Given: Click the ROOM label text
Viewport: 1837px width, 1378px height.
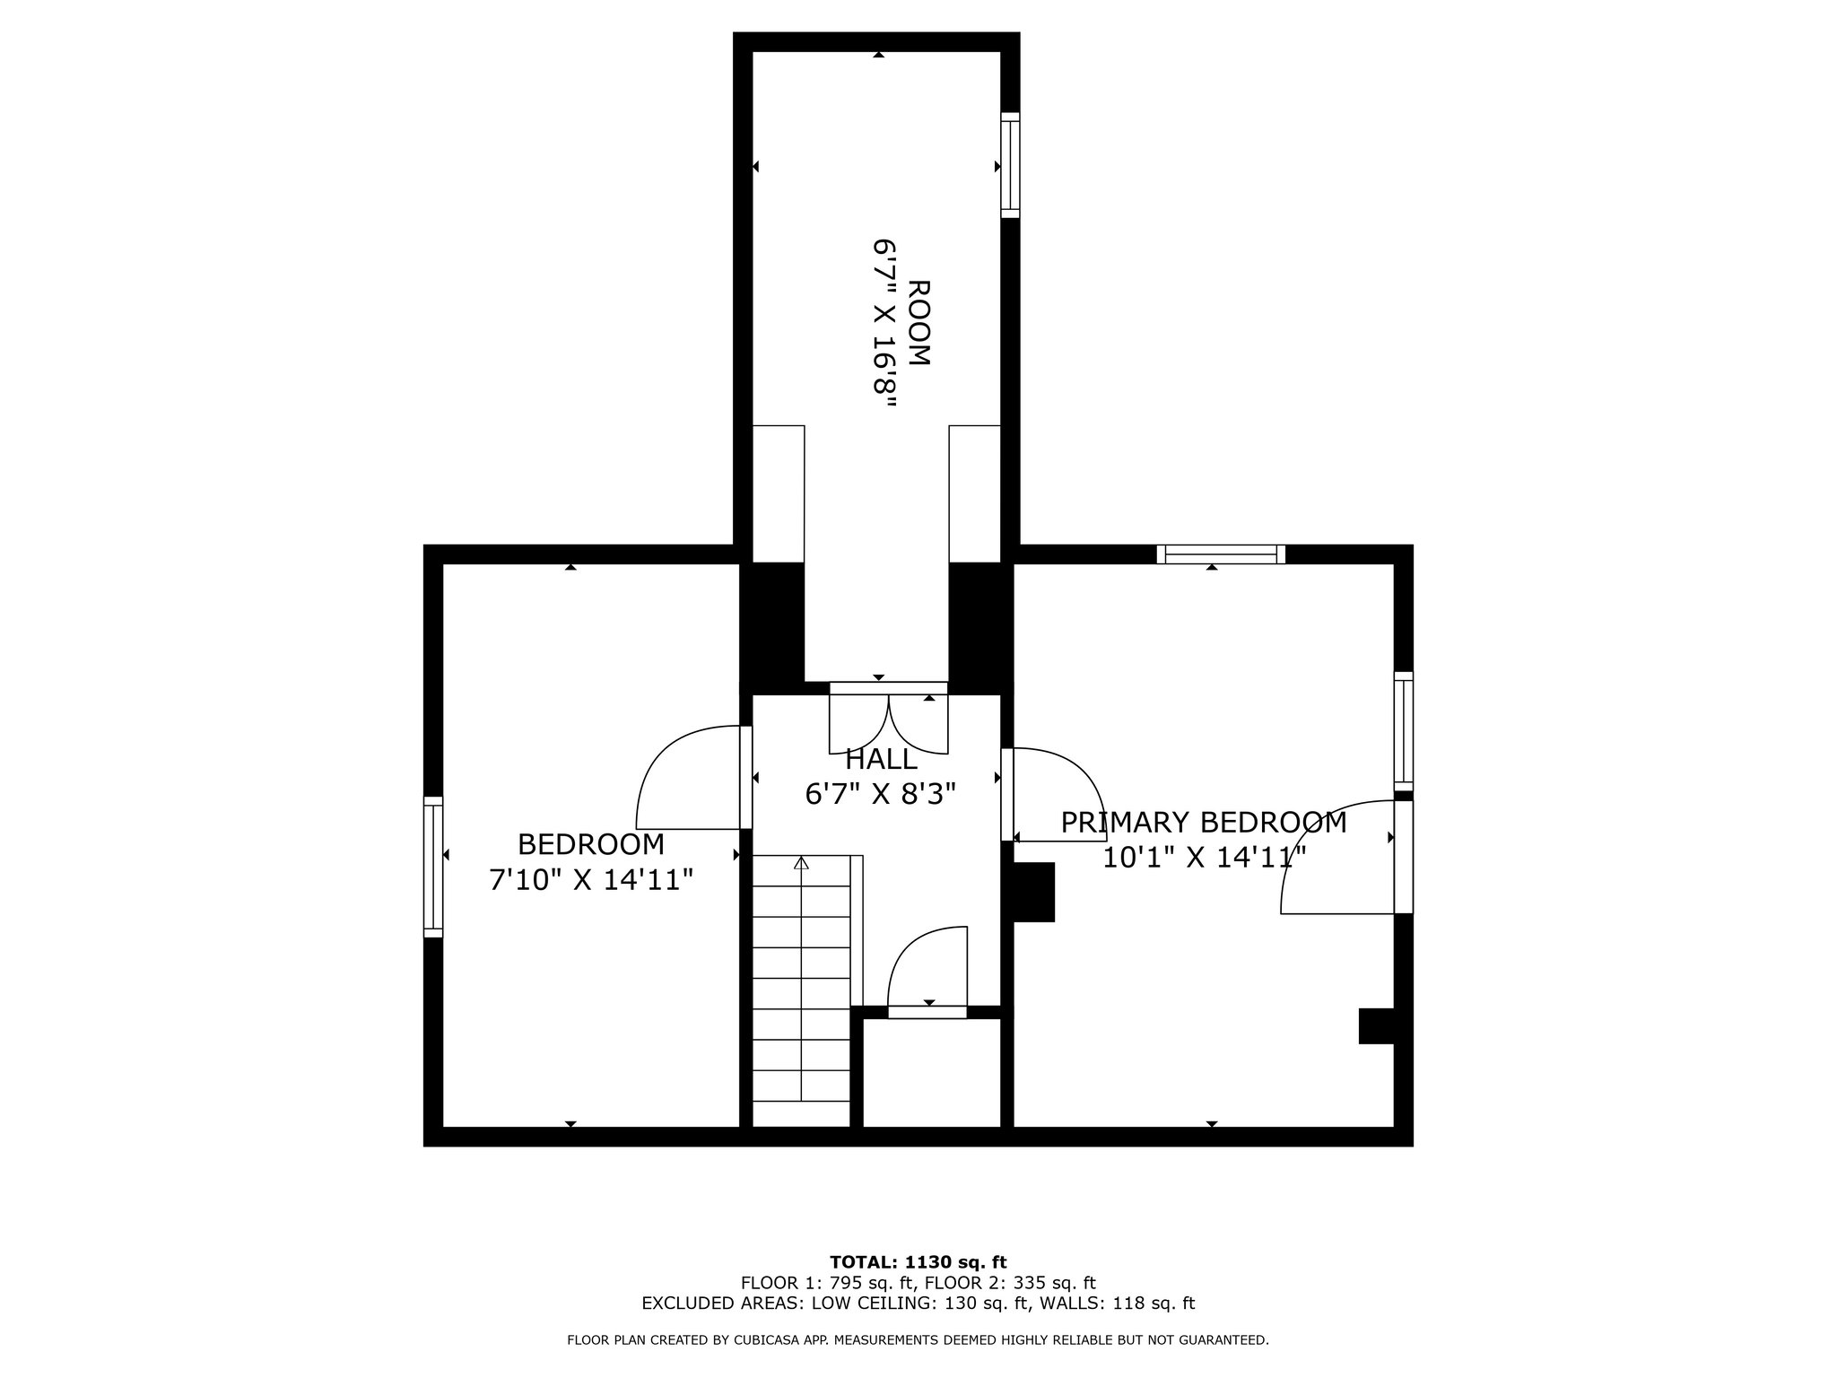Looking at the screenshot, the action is (919, 323).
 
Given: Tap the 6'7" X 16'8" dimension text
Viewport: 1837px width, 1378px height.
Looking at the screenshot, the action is (885, 324).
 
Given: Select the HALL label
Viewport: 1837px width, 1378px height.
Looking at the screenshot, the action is (882, 759).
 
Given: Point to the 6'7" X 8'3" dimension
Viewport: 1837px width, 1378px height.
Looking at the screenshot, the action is (881, 794).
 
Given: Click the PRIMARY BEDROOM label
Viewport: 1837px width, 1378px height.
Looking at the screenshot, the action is (1204, 823).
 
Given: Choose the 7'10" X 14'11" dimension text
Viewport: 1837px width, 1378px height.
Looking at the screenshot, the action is (591, 879).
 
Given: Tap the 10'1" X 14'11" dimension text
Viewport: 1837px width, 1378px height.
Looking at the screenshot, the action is (1204, 858).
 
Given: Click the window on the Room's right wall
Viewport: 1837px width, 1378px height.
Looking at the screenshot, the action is (1010, 165).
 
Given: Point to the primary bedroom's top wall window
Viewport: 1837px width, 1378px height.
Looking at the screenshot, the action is (1221, 554).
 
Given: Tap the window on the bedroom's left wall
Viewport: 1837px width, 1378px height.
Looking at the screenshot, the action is (433, 867).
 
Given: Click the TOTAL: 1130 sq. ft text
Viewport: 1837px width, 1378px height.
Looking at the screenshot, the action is (918, 1262).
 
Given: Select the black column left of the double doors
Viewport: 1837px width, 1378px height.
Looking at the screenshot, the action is (771, 628).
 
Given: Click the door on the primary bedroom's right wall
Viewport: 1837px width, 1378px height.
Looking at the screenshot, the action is (1346, 857).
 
